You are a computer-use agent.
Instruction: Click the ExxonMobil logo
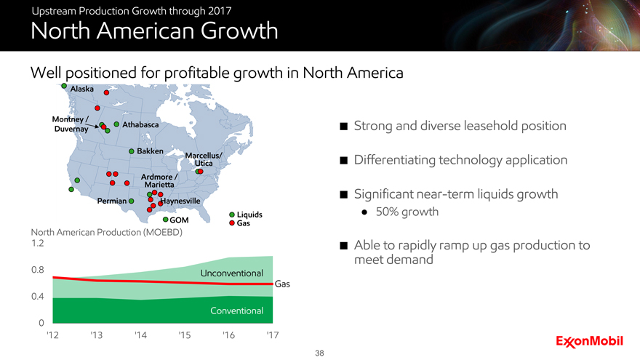pyautogui.click(x=589, y=342)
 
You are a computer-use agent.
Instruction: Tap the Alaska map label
pyautogui.click(x=81, y=89)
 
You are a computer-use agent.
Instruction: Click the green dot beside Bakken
pyautogui.click(x=132, y=151)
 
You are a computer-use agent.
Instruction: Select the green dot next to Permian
pyautogui.click(x=132, y=201)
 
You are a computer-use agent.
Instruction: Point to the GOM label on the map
pyautogui.click(x=179, y=220)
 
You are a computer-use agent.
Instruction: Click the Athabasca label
pyautogui.click(x=140, y=124)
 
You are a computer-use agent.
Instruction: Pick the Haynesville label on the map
pyautogui.click(x=180, y=201)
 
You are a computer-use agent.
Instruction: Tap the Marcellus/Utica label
pyautogui.click(x=203, y=159)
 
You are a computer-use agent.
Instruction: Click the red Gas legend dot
pyautogui.click(x=232, y=223)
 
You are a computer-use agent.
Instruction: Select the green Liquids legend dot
pyautogui.click(x=232, y=215)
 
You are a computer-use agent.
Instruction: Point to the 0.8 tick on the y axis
pyautogui.click(x=38, y=270)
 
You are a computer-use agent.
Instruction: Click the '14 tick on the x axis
pyautogui.click(x=140, y=335)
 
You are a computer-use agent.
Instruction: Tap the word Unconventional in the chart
pyautogui.click(x=231, y=273)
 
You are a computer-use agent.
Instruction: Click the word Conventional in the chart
pyautogui.click(x=237, y=311)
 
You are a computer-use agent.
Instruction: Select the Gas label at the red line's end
pyautogui.click(x=282, y=284)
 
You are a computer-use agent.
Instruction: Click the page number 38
pyautogui.click(x=319, y=353)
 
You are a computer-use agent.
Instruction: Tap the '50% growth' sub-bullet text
pyautogui.click(x=407, y=212)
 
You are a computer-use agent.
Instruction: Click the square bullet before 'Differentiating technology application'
pyautogui.click(x=344, y=160)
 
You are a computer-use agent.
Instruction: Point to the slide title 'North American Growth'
pyautogui.click(x=154, y=31)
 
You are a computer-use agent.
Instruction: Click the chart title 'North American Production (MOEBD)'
pyautogui.click(x=106, y=232)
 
